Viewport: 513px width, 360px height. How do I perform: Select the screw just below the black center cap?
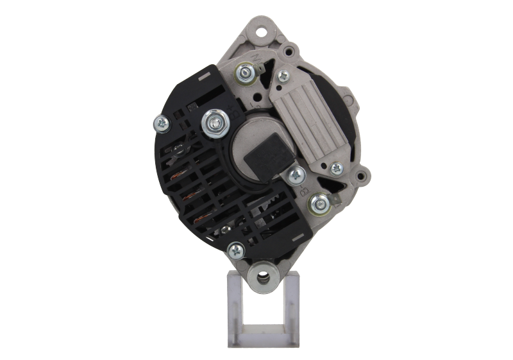coord(296,174)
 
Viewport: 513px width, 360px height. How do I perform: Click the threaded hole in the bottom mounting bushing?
coord(261,277)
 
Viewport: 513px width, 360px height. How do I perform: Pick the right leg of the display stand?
coord(290,314)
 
